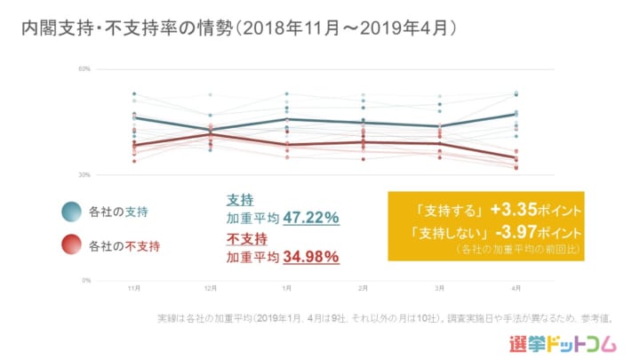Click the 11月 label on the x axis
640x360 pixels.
tap(134, 288)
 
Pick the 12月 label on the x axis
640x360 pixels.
tap(211, 288)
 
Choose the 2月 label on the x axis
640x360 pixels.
tap(364, 288)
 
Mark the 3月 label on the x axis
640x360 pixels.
tap(440, 288)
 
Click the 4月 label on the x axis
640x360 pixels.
tap(516, 288)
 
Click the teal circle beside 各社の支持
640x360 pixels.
tap(72, 212)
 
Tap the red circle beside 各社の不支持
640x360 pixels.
tap(72, 244)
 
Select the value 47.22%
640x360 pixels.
tap(311, 218)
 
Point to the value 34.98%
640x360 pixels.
tap(311, 258)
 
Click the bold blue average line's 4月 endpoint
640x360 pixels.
tap(516, 115)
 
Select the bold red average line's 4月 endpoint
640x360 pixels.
tap(516, 158)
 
